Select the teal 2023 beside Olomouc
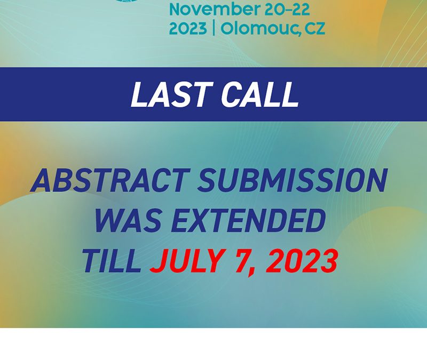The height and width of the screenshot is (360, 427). [x=188, y=28]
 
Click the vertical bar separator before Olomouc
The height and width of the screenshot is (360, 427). [x=214, y=28]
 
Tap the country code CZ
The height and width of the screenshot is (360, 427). [x=315, y=29]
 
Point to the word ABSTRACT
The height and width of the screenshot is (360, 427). [x=110, y=180]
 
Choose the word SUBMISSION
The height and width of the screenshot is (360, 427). [x=292, y=180]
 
